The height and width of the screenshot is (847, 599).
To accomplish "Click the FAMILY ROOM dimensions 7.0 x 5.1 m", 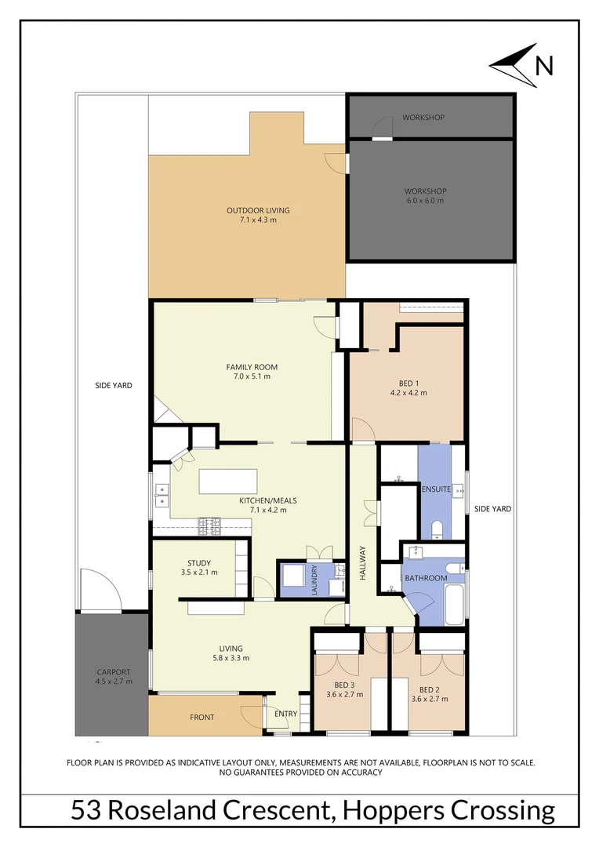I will coord(252,377).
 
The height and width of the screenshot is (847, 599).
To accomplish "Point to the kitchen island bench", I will coord(228,481).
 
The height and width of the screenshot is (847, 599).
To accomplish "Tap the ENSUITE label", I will coord(436,489).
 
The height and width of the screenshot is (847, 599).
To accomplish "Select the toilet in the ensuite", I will coord(437,530).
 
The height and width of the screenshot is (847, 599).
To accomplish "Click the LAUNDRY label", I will coord(315,581).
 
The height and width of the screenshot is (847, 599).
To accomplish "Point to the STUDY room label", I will coord(198,562).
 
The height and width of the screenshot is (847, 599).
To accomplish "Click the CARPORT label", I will coord(114,672).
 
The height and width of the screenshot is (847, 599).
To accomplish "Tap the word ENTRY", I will coord(285,714).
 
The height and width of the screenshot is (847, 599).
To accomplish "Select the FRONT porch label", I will coord(202,718).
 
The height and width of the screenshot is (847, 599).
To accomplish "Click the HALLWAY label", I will coord(363,563).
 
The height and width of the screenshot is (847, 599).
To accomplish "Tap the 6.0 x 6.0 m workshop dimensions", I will coord(425,201).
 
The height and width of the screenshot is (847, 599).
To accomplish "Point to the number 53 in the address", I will coord(85,809).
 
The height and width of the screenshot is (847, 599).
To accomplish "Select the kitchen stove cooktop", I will coord(210,525).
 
